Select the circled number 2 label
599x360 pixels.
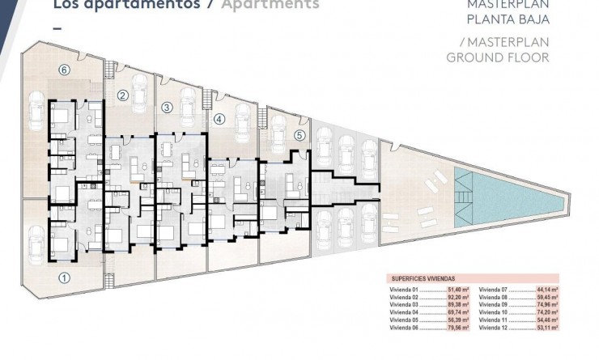coord(123,95)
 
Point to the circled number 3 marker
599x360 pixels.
coord(166,106)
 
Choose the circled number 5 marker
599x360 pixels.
coord(299,135)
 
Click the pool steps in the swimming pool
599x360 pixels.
coord(462,189)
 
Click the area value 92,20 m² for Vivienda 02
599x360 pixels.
coord(457,297)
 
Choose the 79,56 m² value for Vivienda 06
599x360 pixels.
coord(457,328)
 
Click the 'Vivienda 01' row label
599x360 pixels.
coord(403,289)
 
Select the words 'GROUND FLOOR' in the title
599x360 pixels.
coord(498,57)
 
